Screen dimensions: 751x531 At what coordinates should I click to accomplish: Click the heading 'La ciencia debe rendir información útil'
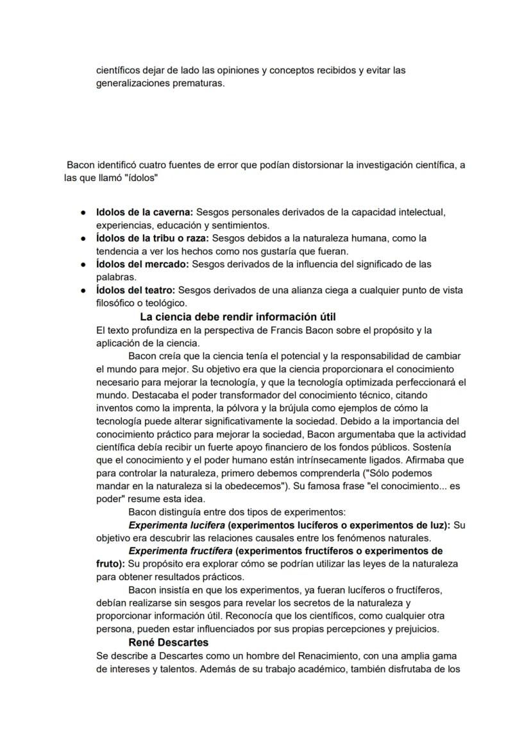coord(238,317)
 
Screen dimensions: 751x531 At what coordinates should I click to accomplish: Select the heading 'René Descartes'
coord(168,642)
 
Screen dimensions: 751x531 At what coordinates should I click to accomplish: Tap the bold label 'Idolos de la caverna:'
coord(144,212)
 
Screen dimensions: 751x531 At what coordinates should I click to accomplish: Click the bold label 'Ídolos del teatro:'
coord(136,290)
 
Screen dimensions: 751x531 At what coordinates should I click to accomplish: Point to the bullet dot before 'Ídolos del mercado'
coord(83,264)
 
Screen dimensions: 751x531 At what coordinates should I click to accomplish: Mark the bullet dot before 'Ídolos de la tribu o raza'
coord(83,238)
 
